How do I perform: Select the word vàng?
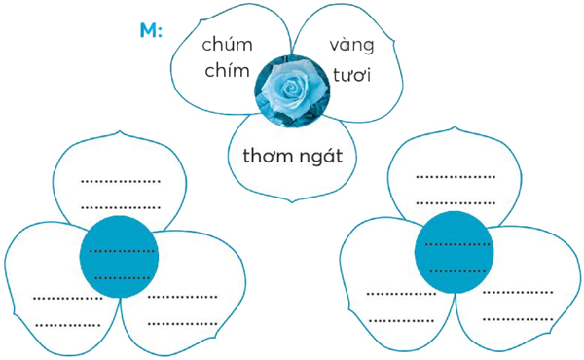pos(351,46)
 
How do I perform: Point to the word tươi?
pos(351,74)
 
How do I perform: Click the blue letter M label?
pos(150,31)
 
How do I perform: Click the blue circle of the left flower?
pos(119,256)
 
